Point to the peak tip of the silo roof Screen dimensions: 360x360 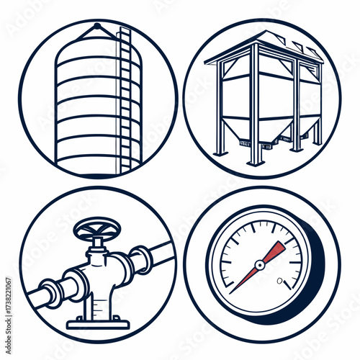coord(96,25)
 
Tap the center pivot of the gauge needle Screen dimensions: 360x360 coord(260,265)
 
